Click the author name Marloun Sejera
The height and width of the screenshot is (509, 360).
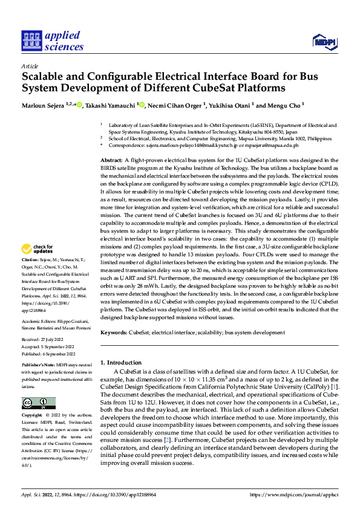(43, 105)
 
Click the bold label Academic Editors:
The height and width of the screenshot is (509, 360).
(39, 322)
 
